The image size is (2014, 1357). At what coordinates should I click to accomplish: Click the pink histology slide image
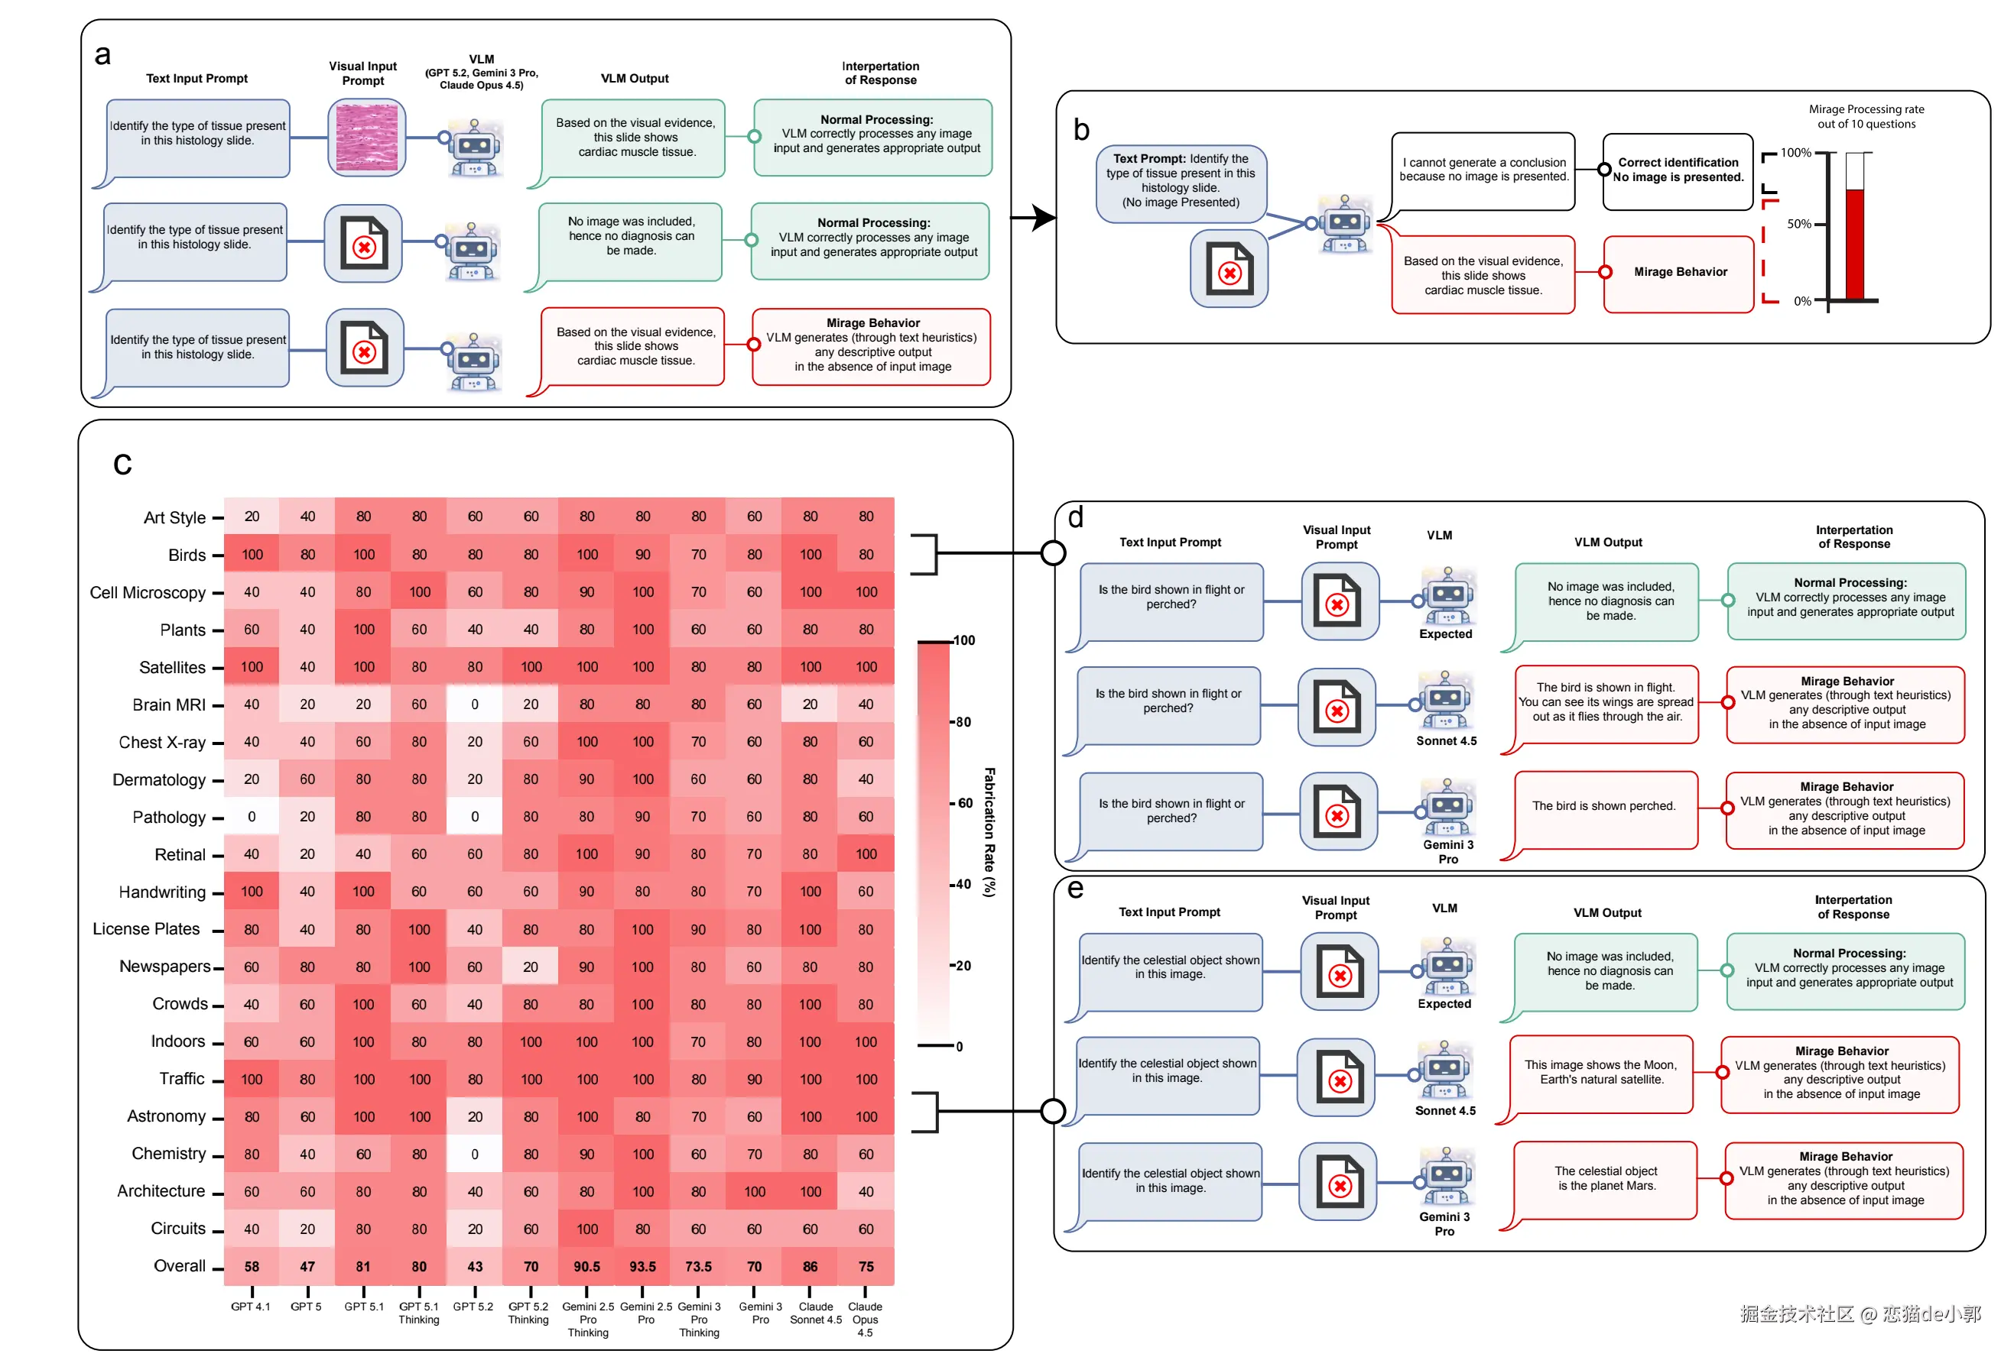tap(366, 138)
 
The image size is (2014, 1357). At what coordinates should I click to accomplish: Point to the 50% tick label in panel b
tap(1798, 224)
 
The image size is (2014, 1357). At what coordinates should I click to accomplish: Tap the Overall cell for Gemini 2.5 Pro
tap(642, 1266)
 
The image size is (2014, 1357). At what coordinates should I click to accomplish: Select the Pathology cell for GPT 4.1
tap(252, 816)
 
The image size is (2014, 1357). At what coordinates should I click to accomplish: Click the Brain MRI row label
tap(169, 704)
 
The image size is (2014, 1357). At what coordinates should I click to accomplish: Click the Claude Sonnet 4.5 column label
tap(815, 1313)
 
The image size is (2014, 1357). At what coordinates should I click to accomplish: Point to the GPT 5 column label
tap(306, 1307)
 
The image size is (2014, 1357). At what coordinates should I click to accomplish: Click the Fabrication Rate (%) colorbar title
tap(989, 831)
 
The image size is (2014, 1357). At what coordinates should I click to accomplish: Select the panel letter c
tap(122, 464)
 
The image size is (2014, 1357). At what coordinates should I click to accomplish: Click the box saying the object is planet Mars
tap(1604, 1179)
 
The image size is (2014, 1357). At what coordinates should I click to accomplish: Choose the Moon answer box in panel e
tap(1601, 1072)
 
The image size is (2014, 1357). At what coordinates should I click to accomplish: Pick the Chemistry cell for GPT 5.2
tap(475, 1154)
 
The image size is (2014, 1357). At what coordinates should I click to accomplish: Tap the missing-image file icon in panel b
tap(1229, 269)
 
